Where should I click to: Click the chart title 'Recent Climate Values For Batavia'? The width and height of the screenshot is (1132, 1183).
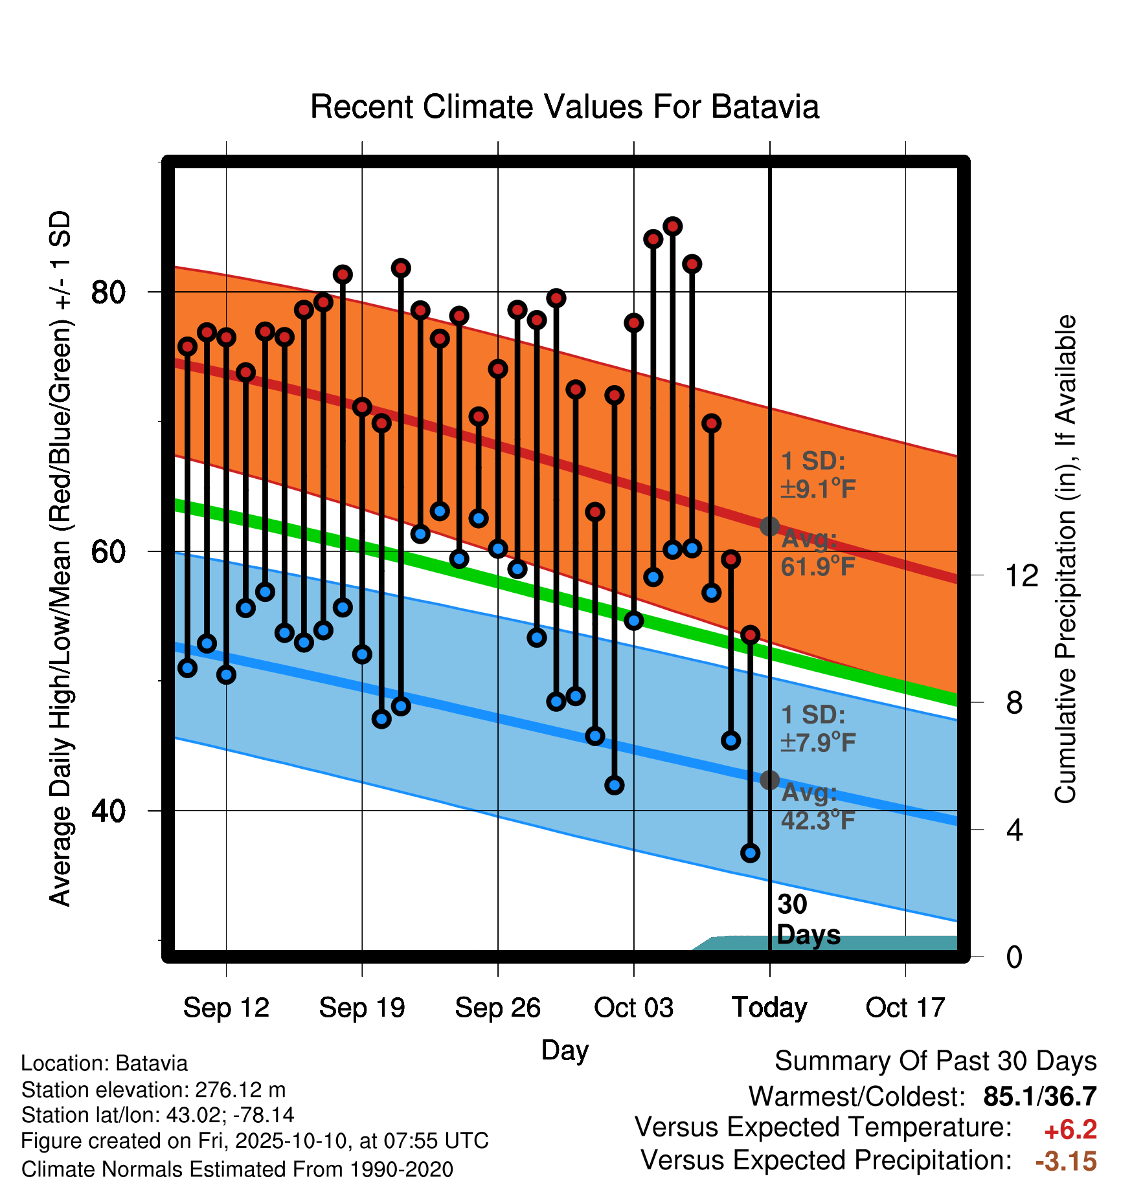tap(565, 107)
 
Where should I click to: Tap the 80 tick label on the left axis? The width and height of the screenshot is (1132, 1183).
tap(108, 292)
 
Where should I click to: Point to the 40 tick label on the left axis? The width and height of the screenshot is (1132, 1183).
tap(108, 810)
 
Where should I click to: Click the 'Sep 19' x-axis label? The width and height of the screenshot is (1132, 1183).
tap(362, 1008)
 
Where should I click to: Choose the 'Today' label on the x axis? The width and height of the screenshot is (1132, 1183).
tap(769, 1008)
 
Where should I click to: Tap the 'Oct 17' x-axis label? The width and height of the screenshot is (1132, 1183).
tap(905, 1008)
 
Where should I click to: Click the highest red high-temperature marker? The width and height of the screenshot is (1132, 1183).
tap(672, 227)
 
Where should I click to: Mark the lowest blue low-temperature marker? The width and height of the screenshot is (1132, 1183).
tap(750, 853)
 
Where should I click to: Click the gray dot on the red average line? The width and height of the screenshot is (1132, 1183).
tap(769, 526)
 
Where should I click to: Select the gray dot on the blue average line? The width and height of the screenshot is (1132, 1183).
tap(769, 780)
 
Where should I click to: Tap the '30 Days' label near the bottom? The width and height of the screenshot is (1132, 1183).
tap(808, 920)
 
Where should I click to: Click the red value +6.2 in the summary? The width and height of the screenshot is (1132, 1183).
tap(1070, 1130)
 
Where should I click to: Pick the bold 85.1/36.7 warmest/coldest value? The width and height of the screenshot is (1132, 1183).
tap(1040, 1096)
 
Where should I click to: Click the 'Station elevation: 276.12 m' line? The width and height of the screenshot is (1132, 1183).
tap(153, 1090)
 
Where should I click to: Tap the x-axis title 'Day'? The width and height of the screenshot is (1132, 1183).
tap(565, 1051)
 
